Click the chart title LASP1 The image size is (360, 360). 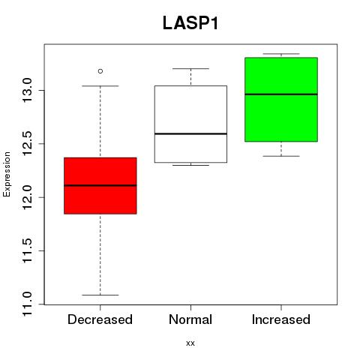point(190,23)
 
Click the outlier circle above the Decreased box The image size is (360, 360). point(100,71)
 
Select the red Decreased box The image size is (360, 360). point(100,186)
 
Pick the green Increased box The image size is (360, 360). point(281,100)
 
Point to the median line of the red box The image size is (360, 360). point(100,185)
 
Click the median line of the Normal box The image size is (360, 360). point(190,133)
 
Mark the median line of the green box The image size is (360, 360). point(281,94)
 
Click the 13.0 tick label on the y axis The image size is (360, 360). point(27,90)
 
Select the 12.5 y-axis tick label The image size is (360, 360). point(27,144)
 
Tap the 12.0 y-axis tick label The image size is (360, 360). point(27,197)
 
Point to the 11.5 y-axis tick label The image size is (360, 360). point(27,250)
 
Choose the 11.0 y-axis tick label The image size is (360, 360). point(27,304)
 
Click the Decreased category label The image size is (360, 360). point(100,319)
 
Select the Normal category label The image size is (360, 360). point(190,319)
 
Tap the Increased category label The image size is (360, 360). point(281,319)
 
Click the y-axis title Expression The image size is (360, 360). point(7,174)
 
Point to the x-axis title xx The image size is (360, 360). point(190,343)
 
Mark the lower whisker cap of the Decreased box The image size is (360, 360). point(100,295)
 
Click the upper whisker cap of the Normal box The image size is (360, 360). point(190,68)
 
